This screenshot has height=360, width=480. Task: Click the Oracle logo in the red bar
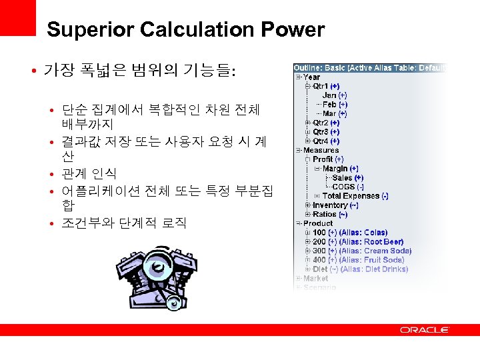[425, 329]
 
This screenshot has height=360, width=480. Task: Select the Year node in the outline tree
[311, 77]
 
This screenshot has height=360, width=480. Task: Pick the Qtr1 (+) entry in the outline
[326, 86]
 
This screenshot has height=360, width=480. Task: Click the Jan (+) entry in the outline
[334, 95]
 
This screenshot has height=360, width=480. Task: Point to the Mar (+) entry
[334, 113]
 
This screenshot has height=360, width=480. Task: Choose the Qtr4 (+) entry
[326, 141]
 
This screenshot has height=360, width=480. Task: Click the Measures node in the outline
[321, 150]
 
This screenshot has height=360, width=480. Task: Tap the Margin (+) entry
[340, 169]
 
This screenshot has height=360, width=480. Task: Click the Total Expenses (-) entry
[355, 196]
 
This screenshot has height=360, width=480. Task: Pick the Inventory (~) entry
[335, 205]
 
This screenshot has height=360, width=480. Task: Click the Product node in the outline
[318, 223]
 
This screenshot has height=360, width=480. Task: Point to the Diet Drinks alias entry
[360, 269]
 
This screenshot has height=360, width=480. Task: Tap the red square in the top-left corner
[17, 17]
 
